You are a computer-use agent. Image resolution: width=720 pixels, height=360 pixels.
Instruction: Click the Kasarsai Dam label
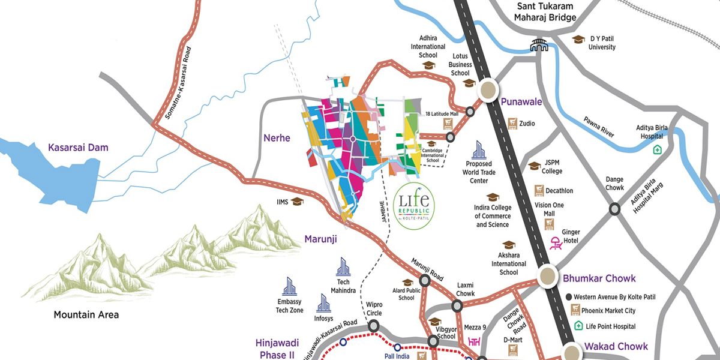(x=79, y=147)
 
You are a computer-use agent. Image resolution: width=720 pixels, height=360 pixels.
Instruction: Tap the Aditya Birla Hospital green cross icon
(x=658, y=149)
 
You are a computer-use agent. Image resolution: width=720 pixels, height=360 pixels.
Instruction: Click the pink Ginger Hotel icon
(x=556, y=242)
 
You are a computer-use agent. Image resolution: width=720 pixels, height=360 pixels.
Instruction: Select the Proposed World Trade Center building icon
(x=478, y=150)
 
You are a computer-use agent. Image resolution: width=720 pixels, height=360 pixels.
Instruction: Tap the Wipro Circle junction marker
(x=374, y=326)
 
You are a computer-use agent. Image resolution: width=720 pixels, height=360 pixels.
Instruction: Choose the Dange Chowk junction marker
(x=614, y=209)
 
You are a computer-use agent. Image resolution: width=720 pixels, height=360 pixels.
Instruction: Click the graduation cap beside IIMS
(x=297, y=202)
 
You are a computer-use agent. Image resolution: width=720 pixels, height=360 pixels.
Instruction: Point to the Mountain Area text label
(x=86, y=314)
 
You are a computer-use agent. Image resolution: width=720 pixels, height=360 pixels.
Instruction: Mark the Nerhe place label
(x=277, y=138)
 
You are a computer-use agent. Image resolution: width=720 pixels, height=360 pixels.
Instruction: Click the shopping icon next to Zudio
(x=512, y=124)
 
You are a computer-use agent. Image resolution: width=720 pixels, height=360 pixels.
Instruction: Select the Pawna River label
(x=598, y=127)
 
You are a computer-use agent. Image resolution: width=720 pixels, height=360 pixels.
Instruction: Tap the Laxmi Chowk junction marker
(x=457, y=306)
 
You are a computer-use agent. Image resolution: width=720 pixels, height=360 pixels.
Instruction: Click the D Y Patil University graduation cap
(x=578, y=39)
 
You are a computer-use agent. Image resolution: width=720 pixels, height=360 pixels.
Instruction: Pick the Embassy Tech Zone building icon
(x=289, y=286)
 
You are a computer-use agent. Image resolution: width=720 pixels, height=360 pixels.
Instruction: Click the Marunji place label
(x=320, y=239)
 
